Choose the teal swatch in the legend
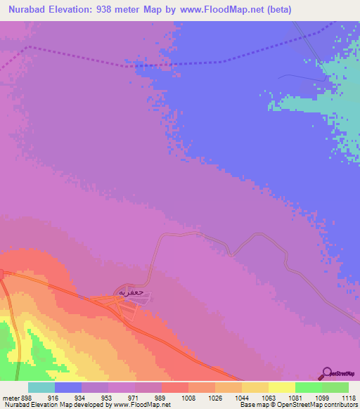click(41, 387)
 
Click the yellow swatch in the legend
click(281, 387)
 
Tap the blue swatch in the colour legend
click(68, 387)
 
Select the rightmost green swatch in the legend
click(335, 387)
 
